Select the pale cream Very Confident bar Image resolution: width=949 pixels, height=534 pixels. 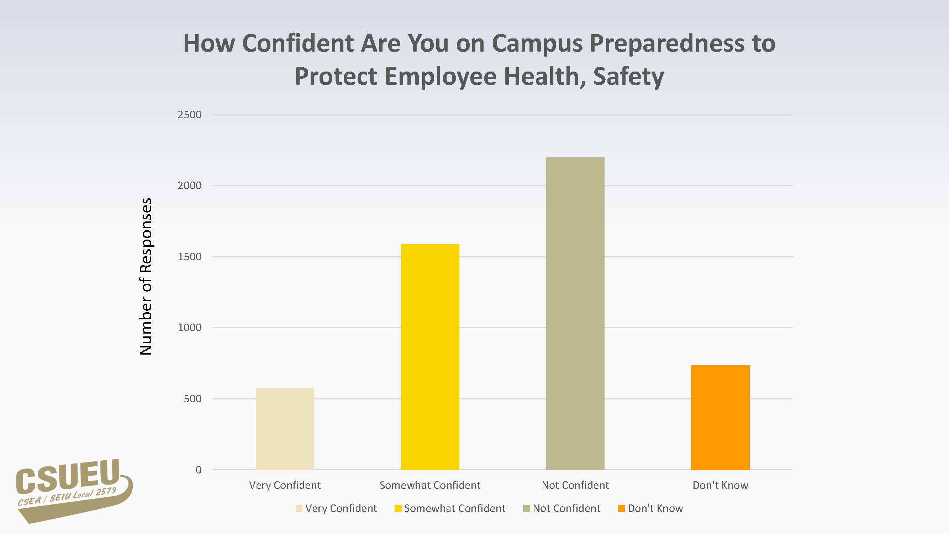coord(285,429)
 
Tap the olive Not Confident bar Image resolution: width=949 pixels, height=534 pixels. coord(575,313)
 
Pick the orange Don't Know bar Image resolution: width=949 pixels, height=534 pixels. coord(720,417)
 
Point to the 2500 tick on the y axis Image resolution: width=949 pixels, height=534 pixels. coord(189,115)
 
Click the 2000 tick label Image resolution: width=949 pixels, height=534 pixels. coord(189,185)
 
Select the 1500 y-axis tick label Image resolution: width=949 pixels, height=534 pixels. coord(189,256)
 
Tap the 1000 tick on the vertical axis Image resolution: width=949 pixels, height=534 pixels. coord(189,328)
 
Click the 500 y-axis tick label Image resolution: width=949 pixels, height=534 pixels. coord(192,399)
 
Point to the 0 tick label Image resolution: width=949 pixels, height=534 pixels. coord(199,470)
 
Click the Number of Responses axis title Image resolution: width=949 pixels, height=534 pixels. coord(146,276)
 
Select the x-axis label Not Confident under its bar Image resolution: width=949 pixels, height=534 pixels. coord(575,485)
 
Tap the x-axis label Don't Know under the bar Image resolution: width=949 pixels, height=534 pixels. coord(720,485)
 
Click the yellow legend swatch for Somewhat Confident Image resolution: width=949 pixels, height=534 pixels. coord(398,509)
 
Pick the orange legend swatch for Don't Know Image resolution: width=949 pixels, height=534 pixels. coord(622,509)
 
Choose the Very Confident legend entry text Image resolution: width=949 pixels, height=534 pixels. coord(341,509)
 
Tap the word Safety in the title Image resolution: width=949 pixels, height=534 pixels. coord(628,76)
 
